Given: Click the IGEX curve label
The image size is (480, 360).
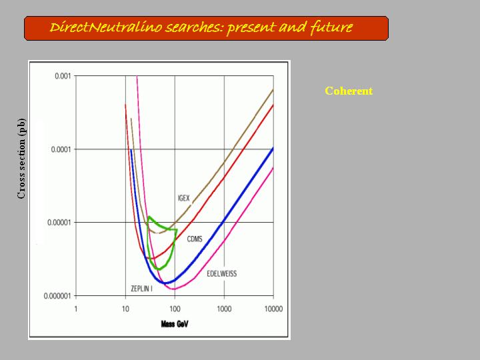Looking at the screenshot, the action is point(184,199).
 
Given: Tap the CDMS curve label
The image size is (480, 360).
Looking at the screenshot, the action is point(195,239).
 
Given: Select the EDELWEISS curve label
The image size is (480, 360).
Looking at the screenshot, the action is point(221,274).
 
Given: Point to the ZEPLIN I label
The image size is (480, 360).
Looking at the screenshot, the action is point(141,289).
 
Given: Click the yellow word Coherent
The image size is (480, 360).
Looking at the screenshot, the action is point(349,91).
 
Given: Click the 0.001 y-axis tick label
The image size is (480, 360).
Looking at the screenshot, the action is point(63,76).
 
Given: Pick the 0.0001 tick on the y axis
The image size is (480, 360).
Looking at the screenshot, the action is point(61,149).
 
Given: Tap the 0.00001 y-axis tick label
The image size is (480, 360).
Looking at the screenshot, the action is point(59,223).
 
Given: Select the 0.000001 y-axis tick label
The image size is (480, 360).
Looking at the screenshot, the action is point(57,296).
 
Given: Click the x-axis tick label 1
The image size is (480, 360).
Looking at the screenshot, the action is point(75,309).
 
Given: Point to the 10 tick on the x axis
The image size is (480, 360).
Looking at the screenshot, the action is point(125,309).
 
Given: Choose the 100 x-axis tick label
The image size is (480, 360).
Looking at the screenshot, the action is point(175,309).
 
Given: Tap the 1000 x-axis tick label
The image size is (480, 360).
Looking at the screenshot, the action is point(224,309).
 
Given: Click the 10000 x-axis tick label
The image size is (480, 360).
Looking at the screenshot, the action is point(273,309).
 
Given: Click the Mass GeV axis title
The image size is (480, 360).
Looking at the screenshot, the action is point(175,324).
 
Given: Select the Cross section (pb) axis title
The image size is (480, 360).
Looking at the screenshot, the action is point(21,159).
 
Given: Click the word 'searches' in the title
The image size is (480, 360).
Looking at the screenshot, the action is point(195,28).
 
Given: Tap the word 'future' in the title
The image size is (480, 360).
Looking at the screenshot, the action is point(331,27).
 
